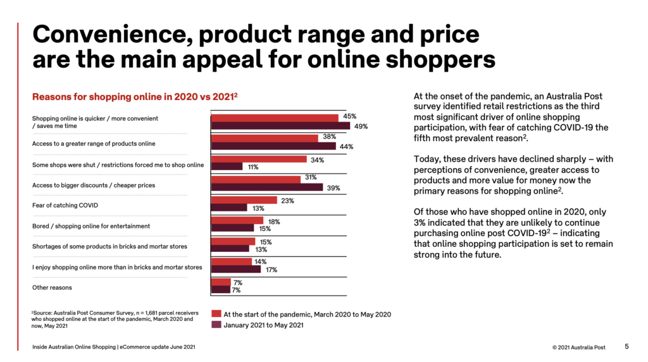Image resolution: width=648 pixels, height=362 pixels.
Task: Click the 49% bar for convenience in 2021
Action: (x=280, y=126)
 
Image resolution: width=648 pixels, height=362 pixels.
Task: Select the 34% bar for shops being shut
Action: (x=259, y=159)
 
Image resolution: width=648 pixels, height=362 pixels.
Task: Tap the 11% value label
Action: (x=252, y=167)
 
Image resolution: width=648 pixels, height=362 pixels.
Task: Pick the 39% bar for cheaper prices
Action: (x=267, y=187)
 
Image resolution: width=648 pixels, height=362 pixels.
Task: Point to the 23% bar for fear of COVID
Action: (x=244, y=200)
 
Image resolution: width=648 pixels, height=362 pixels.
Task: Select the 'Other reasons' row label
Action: (x=52, y=287)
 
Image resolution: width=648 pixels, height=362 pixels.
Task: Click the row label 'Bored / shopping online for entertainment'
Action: (x=92, y=226)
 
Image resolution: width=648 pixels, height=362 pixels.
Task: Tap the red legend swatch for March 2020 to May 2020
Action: (x=216, y=314)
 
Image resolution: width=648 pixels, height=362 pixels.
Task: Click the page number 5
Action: (x=626, y=347)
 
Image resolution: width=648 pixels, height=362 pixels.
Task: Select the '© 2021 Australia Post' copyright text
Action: (x=578, y=347)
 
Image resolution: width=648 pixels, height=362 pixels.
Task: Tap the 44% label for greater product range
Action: (x=346, y=146)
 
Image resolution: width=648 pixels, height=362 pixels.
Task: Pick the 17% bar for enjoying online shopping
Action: (x=236, y=269)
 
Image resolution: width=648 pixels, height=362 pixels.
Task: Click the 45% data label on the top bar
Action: (x=350, y=117)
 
